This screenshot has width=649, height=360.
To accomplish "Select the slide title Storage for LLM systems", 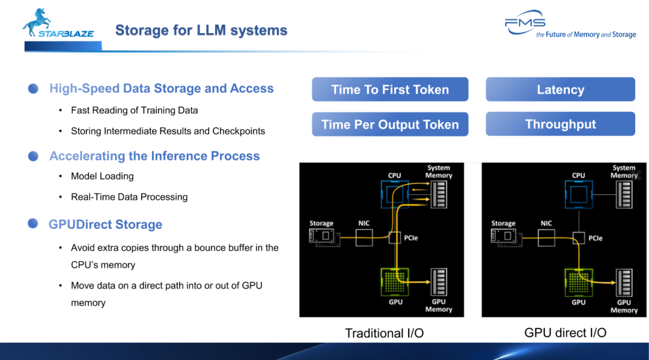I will [x=201, y=30].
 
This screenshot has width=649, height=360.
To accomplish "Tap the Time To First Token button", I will [x=390, y=90].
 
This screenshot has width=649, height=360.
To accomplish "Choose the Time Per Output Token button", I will [x=390, y=124].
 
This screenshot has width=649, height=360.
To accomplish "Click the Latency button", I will [x=560, y=90].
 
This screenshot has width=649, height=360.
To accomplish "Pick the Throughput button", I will [x=560, y=124].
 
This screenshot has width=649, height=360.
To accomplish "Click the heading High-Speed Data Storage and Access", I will [x=161, y=88].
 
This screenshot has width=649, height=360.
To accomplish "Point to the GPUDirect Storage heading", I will [x=105, y=225].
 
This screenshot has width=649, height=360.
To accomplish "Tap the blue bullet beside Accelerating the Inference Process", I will [x=34, y=156].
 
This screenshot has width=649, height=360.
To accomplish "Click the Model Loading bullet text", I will [x=102, y=176].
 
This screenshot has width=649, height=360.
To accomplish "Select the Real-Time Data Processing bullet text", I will [x=129, y=197].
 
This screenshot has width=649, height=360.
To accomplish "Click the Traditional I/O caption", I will [x=384, y=333].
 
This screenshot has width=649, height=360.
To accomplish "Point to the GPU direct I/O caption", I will [x=565, y=332].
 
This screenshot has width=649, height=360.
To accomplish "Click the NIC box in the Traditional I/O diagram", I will [x=364, y=237].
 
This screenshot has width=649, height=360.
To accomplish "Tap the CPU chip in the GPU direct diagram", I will [x=578, y=195].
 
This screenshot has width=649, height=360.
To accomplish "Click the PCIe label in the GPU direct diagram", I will [x=595, y=238].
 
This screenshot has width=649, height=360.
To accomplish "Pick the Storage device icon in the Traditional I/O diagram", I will [x=323, y=237].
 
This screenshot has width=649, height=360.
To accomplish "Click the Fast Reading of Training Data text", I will [x=134, y=110].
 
